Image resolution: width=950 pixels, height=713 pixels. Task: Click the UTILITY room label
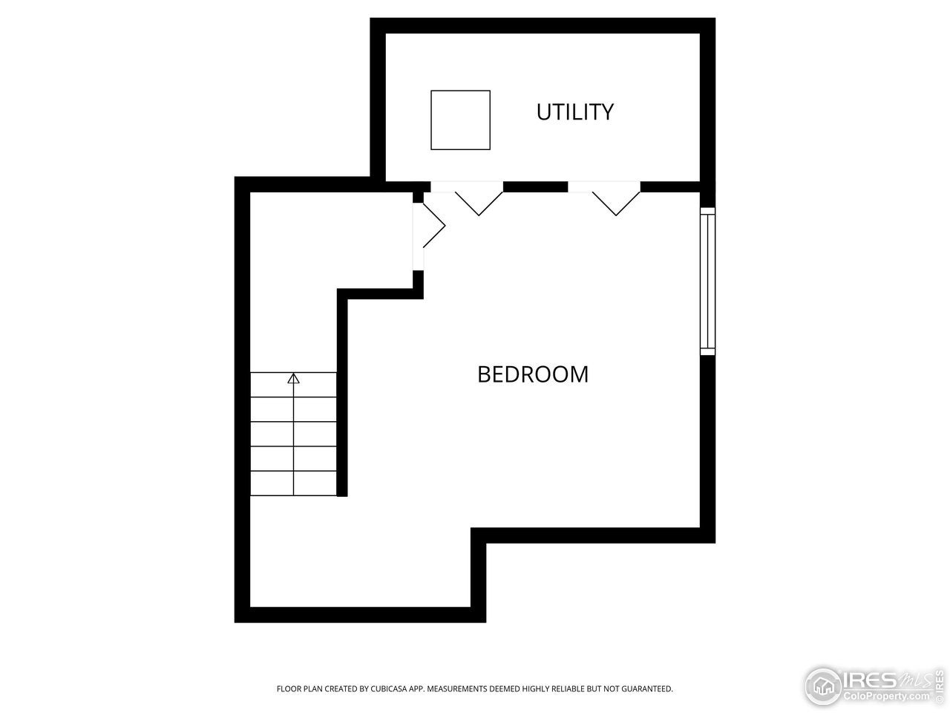[x=575, y=112]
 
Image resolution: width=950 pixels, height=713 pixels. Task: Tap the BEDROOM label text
[x=533, y=374]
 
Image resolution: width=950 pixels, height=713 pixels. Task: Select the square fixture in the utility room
[x=460, y=120]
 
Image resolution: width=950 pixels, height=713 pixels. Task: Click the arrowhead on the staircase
[x=293, y=379]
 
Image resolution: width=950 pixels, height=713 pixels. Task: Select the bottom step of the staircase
[x=294, y=483]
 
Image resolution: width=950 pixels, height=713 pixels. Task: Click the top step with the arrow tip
[x=294, y=385]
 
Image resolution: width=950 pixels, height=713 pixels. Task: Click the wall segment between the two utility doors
[x=535, y=186]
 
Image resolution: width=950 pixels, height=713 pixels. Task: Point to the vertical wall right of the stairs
[x=342, y=394]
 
